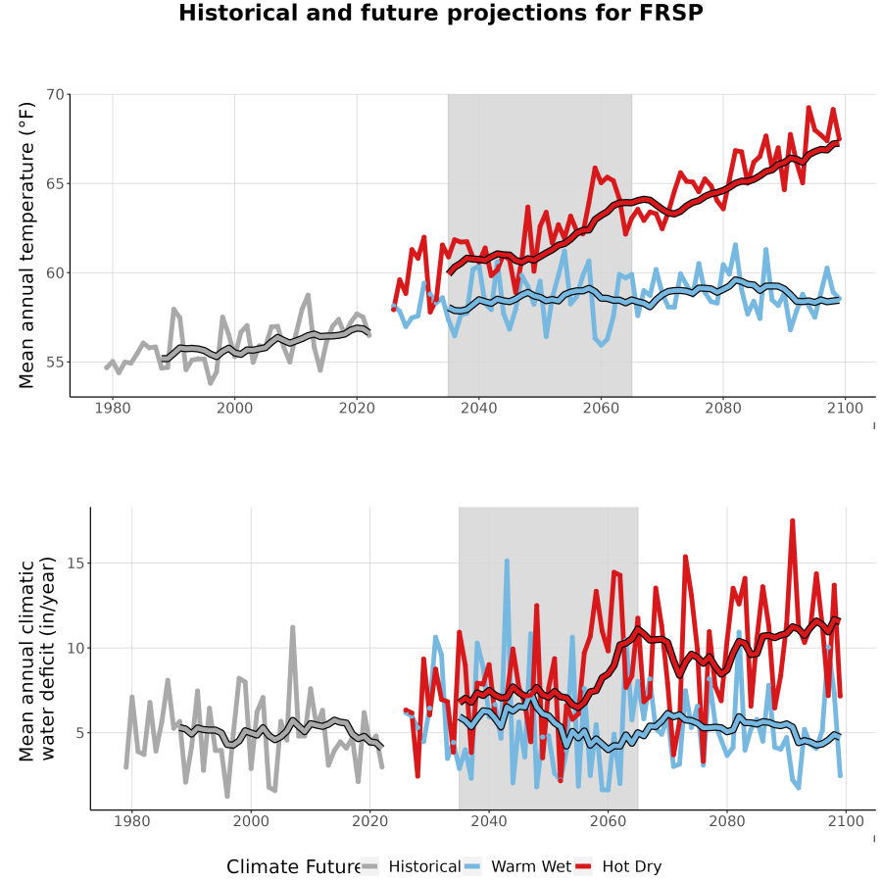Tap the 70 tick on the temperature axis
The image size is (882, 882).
tap(55, 94)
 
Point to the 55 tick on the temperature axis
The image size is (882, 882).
tap(55, 362)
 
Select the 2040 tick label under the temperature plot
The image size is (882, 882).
tap(478, 408)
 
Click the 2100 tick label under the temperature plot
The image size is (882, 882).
tap(845, 408)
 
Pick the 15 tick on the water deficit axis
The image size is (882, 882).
tap(75, 563)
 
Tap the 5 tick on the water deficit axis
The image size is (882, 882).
tap(80, 732)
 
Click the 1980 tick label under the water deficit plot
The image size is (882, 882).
tap(132, 821)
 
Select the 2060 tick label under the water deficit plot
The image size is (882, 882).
tap(608, 821)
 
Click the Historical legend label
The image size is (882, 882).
tap(424, 867)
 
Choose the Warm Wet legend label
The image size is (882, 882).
tap(531, 867)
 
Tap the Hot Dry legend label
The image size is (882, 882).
tap(632, 867)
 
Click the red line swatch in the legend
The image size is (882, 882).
tap(583, 867)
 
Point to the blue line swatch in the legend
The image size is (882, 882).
tap(472, 867)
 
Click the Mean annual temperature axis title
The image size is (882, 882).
tap(26, 245)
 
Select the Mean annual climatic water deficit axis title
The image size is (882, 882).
tap(36, 659)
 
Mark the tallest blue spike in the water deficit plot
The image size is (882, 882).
tap(507, 561)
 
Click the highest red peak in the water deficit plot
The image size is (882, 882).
tap(792, 521)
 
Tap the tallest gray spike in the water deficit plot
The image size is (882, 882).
tap(292, 627)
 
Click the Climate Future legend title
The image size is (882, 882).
tap(293, 867)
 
